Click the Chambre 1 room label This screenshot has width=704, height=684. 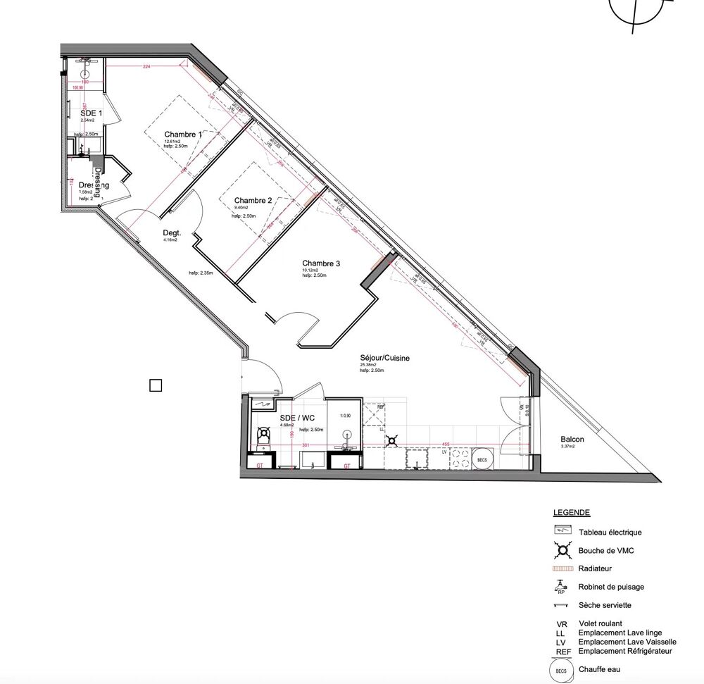click(183, 135)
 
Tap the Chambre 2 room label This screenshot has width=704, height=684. click(253, 200)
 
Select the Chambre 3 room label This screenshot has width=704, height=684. click(321, 263)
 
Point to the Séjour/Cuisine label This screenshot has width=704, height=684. click(384, 358)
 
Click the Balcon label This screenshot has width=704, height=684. click(572, 440)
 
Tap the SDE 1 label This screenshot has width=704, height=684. click(92, 113)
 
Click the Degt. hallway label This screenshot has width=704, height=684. click(172, 232)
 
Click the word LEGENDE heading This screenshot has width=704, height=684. click(572, 513)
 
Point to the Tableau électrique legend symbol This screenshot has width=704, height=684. click(561, 532)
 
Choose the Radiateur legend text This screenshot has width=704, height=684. click(595, 568)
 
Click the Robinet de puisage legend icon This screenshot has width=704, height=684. click(561, 586)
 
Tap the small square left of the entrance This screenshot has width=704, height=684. click(156, 385)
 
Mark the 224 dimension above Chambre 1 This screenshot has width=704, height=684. click(146, 67)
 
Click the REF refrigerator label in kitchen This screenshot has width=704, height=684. click(381, 407)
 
